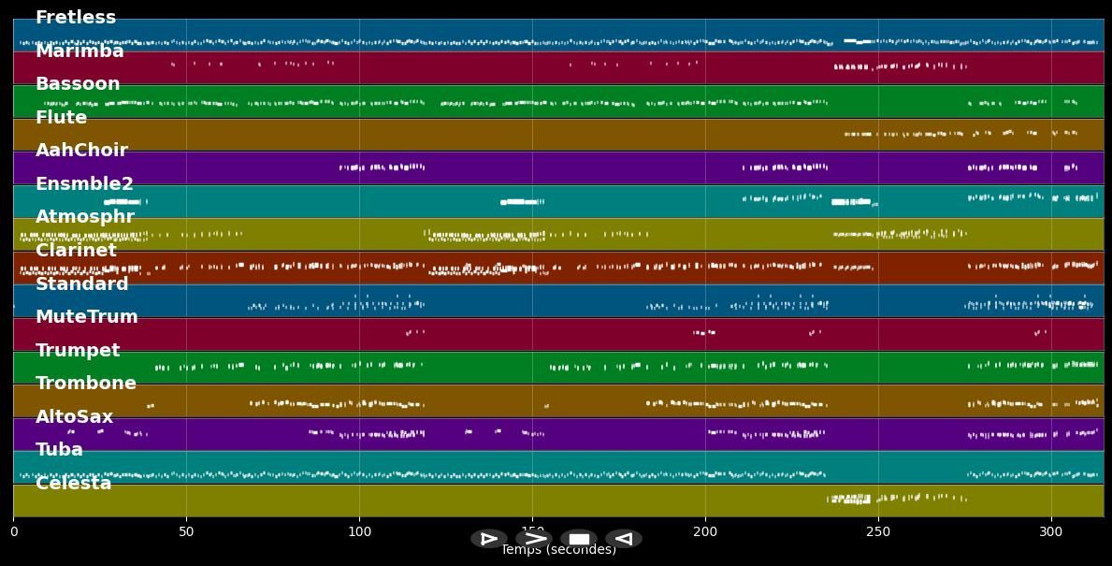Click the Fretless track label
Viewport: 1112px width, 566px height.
pyautogui.click(x=76, y=18)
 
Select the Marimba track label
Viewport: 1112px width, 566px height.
pyautogui.click(x=79, y=51)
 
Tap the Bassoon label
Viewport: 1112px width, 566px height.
pyautogui.click(x=78, y=84)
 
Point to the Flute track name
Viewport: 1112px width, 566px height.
pyautogui.click(x=61, y=118)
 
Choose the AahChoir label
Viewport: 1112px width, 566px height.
pyautogui.click(x=81, y=151)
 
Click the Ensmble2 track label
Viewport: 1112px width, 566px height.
pyautogui.click(x=84, y=184)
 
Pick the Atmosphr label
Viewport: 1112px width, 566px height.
pyautogui.click(x=85, y=217)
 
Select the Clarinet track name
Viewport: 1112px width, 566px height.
pyautogui.click(x=76, y=251)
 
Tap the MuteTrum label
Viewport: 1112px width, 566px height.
pyautogui.click(x=86, y=317)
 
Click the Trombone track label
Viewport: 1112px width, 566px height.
pyautogui.click(x=86, y=384)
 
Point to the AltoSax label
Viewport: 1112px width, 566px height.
pyautogui.click(x=74, y=417)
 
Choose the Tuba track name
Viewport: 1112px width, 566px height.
pyautogui.click(x=59, y=450)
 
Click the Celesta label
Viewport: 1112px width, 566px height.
pyautogui.click(x=73, y=484)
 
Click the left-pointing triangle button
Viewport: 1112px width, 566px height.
pyautogui.click(x=624, y=539)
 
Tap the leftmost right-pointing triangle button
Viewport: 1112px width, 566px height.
pyautogui.click(x=488, y=539)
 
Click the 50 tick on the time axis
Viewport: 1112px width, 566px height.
pyautogui.click(x=186, y=532)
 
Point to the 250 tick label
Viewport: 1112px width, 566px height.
pyautogui.click(x=878, y=532)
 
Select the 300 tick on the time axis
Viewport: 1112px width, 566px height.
pyautogui.click(x=1051, y=532)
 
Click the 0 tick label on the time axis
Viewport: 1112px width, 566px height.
pyautogui.click(x=13, y=532)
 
